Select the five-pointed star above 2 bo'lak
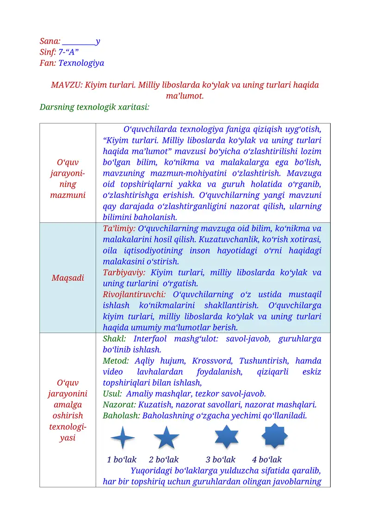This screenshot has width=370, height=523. (x=166, y=437)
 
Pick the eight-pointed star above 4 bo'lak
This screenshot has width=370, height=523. (x=275, y=436)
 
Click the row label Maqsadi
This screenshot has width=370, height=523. (x=68, y=278)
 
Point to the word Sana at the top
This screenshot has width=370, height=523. (x=49, y=41)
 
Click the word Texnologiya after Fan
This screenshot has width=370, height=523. (x=81, y=63)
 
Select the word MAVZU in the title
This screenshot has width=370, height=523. (x=66, y=85)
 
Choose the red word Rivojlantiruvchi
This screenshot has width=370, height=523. (x=135, y=295)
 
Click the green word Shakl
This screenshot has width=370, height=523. (x=115, y=339)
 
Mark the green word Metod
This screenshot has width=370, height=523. (x=116, y=361)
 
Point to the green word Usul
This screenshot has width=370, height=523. (x=111, y=394)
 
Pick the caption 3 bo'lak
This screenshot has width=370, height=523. (x=221, y=460)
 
